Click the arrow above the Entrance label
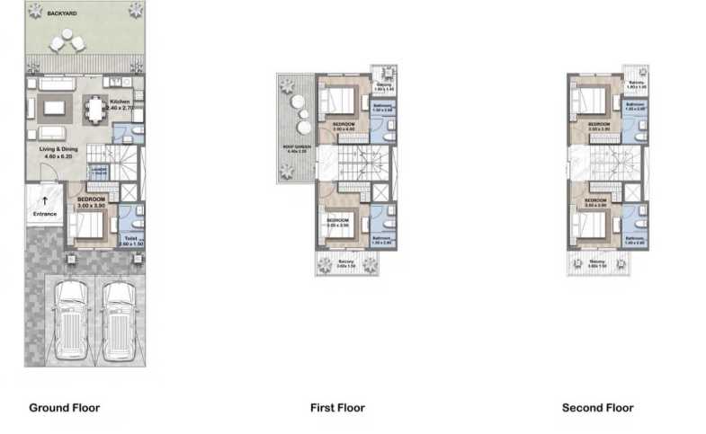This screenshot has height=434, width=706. (44, 201)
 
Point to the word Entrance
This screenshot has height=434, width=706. (44, 214)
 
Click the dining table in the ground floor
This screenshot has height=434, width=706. (94, 109)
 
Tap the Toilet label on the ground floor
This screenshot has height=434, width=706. (131, 238)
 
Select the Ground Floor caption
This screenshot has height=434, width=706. (64, 408)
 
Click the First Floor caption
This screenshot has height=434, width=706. (337, 408)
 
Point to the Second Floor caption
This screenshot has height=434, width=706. (597, 408)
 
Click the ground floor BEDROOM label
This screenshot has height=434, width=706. (92, 199)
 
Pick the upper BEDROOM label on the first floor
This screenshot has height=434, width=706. (344, 124)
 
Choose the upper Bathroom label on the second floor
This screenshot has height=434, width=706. (636, 104)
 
